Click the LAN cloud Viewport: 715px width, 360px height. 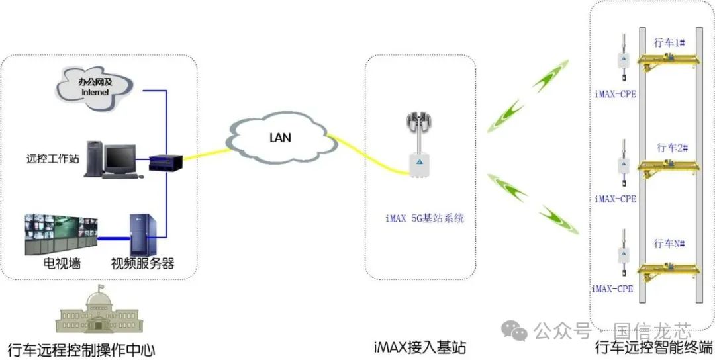278,137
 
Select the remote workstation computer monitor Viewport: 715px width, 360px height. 119,158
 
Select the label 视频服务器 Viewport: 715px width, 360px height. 142,263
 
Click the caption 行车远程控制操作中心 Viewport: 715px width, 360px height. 81,348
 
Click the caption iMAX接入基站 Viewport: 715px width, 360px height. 419,347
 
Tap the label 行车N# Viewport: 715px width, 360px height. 669,244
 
